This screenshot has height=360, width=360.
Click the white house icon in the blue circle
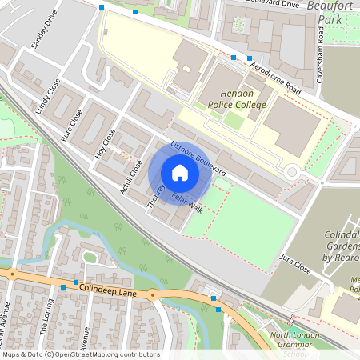pos(180,173)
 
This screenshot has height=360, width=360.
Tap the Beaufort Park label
pos(335,12)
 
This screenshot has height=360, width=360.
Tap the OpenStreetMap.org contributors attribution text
pos(104,354)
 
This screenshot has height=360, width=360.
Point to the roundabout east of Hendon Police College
pos(292,171)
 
